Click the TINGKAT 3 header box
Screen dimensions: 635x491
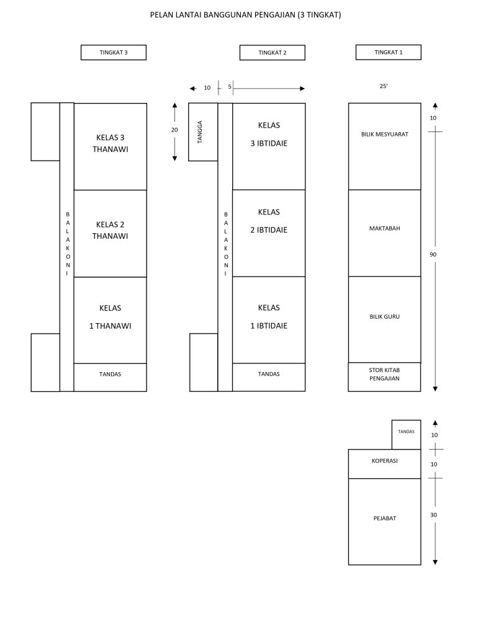pos(114,53)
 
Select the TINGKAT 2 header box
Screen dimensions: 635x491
pos(272,53)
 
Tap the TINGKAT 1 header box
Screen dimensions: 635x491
pos(388,53)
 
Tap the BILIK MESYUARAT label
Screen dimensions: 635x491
pos(384,134)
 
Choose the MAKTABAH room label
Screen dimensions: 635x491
pos(384,228)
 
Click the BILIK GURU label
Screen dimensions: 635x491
pos(384,317)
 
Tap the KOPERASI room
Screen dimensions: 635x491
pos(384,461)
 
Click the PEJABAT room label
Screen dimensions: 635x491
pos(384,518)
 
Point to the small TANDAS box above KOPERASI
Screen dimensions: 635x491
pos(406,432)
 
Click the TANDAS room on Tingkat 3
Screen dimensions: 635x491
pos(110,375)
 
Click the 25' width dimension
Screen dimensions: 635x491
pos(384,87)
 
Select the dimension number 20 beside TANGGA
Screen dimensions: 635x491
pos(174,130)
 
